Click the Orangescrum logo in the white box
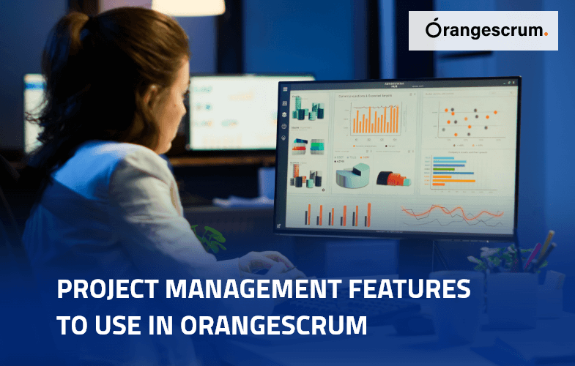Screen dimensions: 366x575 [x=483, y=30]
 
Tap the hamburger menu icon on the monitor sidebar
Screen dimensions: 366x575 [x=284, y=89]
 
